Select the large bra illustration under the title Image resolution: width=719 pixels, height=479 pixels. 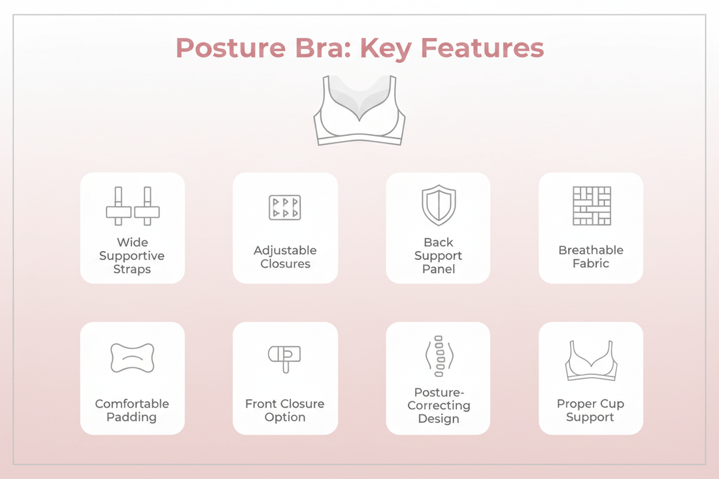[x=359, y=110]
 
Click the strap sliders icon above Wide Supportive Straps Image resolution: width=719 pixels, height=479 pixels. [x=133, y=206]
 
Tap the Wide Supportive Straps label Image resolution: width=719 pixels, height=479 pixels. [x=132, y=256]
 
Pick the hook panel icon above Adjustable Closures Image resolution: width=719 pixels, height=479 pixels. [x=285, y=207]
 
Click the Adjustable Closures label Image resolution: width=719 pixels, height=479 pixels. [x=285, y=257]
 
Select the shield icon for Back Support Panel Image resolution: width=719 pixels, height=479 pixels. [x=438, y=206]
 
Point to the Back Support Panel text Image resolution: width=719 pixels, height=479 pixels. [x=438, y=256]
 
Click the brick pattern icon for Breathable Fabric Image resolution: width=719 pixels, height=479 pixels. [x=591, y=206]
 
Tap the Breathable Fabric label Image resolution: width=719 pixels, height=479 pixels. [x=591, y=257]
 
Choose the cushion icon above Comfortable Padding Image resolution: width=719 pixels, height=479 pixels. [x=132, y=358]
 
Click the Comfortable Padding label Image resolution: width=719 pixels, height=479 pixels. [x=132, y=410]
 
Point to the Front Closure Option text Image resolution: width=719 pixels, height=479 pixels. [x=285, y=410]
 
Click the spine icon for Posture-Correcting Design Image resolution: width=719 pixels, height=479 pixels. [x=438, y=357]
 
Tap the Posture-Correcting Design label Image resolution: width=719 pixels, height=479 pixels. [x=438, y=405]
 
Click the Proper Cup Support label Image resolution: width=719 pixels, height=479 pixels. [x=590, y=410]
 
